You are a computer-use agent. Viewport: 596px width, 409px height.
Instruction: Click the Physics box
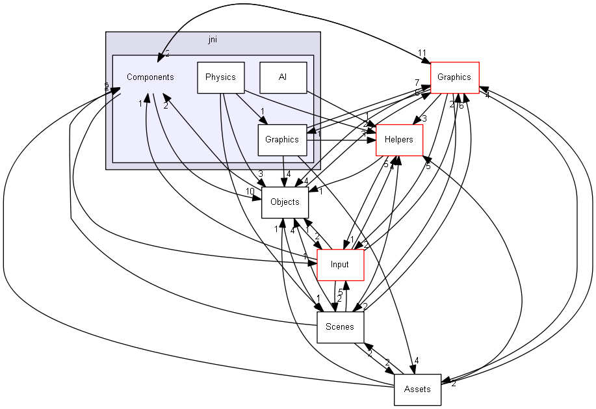[x=220, y=77]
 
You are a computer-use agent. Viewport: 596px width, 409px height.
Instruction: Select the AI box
[x=283, y=77]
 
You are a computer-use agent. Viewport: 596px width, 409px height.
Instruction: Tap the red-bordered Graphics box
[x=454, y=77]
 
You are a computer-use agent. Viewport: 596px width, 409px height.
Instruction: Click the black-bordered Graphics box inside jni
[x=282, y=140]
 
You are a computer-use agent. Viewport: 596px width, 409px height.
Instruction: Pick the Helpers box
[x=399, y=140]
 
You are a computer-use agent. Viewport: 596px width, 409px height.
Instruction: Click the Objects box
[x=285, y=202]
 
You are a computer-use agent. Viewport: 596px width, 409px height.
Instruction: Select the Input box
[x=339, y=265]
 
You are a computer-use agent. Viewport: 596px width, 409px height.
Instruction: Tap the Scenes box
[x=339, y=327]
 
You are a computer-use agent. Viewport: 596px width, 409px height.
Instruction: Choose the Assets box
[x=417, y=389]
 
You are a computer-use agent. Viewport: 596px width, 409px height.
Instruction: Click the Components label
[x=150, y=77]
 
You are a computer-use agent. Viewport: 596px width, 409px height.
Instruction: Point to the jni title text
[x=213, y=40]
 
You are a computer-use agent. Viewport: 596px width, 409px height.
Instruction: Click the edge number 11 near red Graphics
[x=422, y=53]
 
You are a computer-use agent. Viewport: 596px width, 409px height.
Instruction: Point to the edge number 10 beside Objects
[x=250, y=191]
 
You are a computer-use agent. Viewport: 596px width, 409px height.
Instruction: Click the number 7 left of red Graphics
[x=417, y=83]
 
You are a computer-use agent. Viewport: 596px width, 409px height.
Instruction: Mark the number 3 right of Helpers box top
[x=423, y=119]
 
